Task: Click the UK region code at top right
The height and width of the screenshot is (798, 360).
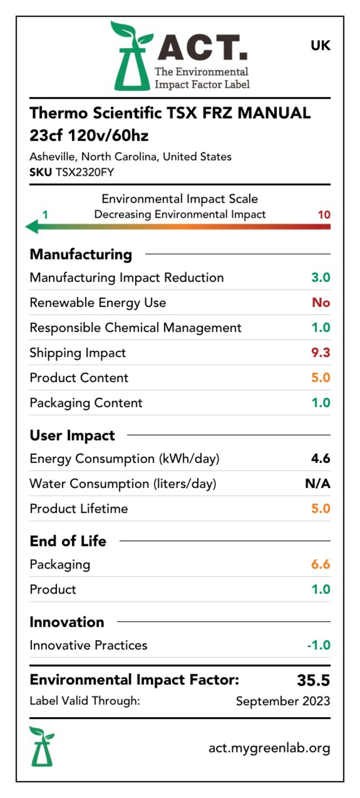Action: click(320, 46)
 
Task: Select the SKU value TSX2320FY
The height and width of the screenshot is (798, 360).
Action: click(85, 172)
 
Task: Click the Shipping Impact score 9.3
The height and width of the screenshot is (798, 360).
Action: click(321, 353)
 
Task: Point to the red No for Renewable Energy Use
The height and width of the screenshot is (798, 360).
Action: click(321, 303)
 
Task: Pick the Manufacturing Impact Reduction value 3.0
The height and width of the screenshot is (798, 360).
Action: click(321, 278)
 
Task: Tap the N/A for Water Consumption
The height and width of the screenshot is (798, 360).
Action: click(317, 484)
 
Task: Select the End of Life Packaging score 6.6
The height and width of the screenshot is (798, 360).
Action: click(321, 565)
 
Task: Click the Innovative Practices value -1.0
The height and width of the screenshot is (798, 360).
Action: click(318, 645)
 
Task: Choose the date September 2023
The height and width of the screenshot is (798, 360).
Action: click(282, 701)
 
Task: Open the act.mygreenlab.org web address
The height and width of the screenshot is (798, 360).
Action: click(269, 748)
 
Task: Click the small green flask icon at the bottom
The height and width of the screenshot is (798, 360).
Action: click(42, 746)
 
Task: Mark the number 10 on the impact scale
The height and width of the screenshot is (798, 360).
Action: click(324, 214)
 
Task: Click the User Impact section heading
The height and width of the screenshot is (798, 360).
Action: click(72, 436)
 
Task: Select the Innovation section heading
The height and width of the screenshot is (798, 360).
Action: click(66, 622)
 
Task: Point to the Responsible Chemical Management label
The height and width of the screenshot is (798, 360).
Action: click(135, 328)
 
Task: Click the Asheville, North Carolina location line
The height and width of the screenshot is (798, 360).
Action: click(130, 157)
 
